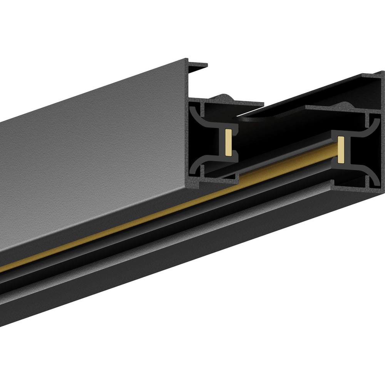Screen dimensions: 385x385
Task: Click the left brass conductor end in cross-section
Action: (228, 143)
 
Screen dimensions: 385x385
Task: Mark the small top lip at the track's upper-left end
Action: (197, 66)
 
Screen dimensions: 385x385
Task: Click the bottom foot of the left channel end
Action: (216, 181)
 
